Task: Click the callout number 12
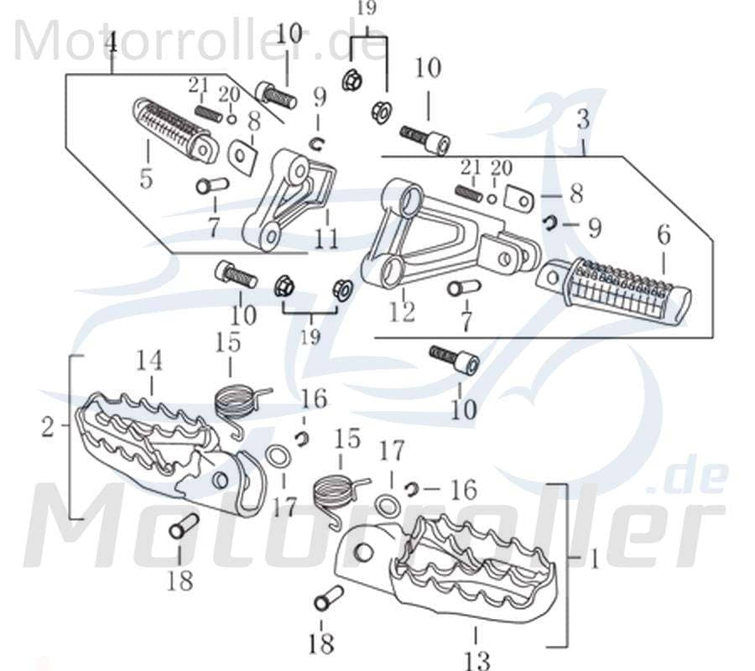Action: (402, 312)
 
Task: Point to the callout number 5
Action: (147, 179)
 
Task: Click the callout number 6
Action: (664, 237)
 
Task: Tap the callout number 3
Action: (583, 119)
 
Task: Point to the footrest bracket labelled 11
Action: (289, 197)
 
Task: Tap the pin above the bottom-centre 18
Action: (327, 600)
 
